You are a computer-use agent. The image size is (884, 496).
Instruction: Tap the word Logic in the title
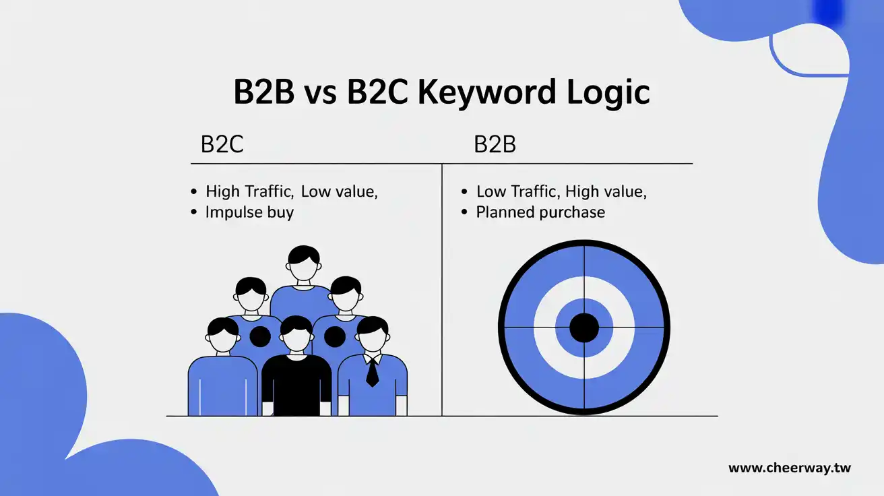[610, 92]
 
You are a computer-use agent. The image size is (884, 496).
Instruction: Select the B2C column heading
[222, 144]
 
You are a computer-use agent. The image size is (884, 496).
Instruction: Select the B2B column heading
[495, 144]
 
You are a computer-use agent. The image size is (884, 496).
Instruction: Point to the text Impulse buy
[249, 212]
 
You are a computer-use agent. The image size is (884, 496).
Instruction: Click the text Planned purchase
[540, 212]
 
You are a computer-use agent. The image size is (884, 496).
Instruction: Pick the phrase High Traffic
[249, 191]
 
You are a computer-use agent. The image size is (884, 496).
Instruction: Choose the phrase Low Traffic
[518, 191]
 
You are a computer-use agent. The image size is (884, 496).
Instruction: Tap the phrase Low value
[339, 191]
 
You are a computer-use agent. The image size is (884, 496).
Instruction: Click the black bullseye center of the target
[584, 328]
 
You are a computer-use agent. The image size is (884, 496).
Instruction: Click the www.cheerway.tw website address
[790, 468]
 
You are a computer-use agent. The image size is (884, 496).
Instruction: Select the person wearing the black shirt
[296, 377]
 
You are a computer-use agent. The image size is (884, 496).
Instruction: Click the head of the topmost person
[303, 264]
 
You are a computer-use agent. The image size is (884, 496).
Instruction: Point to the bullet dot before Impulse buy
[195, 213]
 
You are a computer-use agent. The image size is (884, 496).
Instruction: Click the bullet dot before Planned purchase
[464, 213]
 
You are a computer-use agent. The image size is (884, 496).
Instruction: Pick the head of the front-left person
[222, 335]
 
